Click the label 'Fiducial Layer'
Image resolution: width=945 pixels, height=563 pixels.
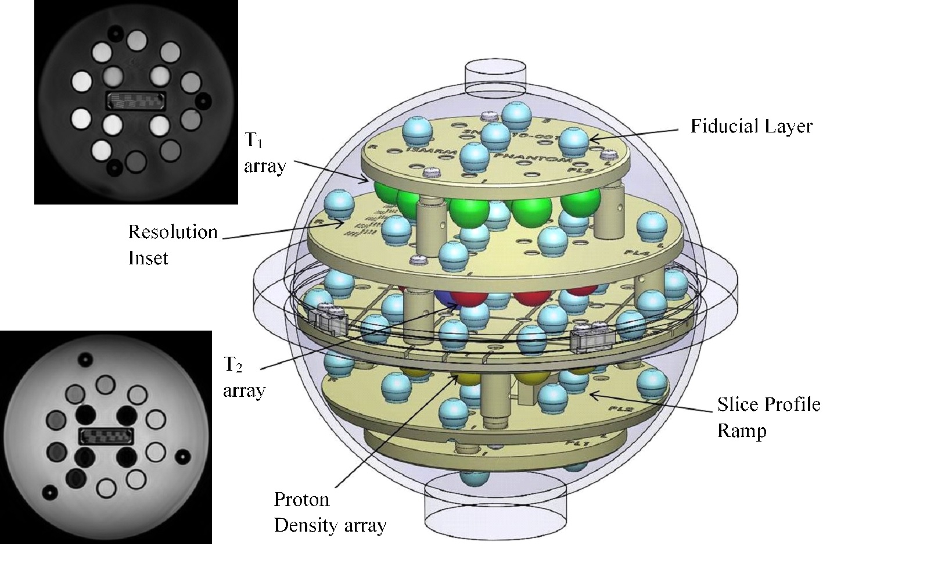pyautogui.click(x=751, y=126)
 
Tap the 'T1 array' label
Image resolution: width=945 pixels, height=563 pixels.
pyautogui.click(x=265, y=154)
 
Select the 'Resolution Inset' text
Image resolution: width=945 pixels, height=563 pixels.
pyautogui.click(x=173, y=244)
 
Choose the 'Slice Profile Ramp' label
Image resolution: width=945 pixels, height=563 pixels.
pyautogui.click(x=768, y=417)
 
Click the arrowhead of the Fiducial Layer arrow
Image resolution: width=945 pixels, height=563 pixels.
pyautogui.click(x=591, y=139)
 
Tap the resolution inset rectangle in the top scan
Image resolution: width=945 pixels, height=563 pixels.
pyautogui.click(x=136, y=100)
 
